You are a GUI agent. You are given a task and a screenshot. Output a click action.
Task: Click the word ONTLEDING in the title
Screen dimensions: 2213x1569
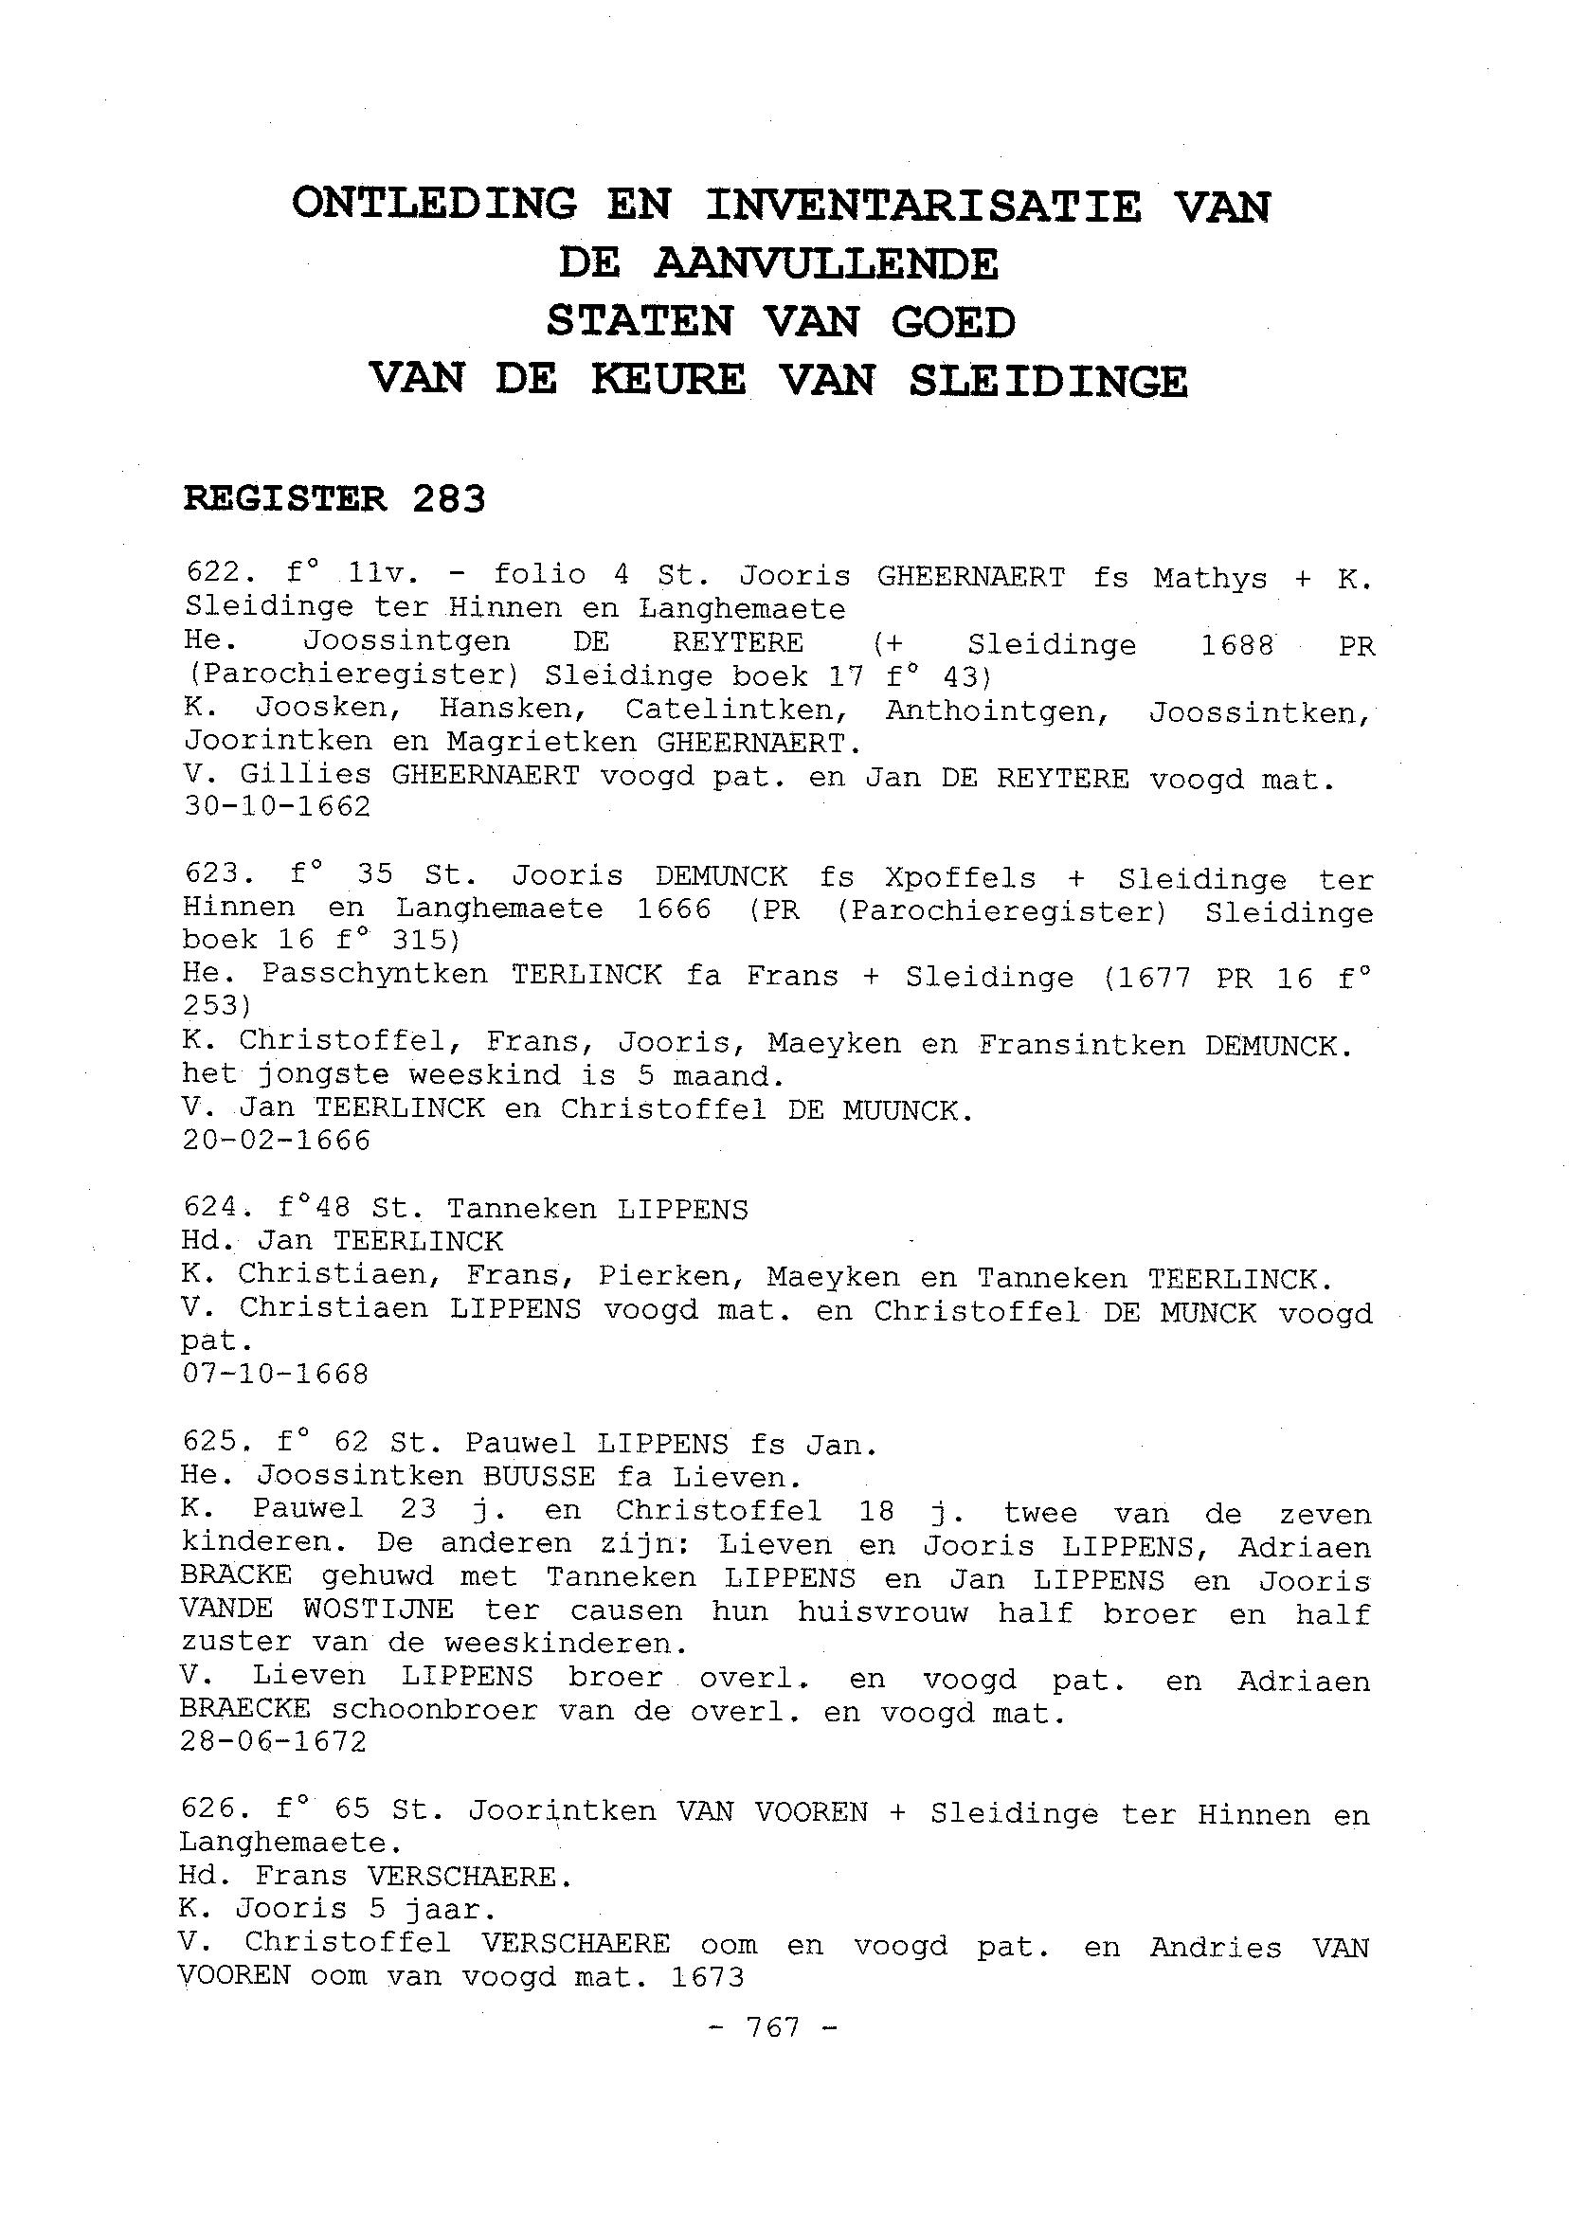435,205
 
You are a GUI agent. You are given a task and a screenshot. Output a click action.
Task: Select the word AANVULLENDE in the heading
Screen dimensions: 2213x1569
825,263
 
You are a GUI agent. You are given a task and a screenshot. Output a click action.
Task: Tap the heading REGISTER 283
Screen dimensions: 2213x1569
334,499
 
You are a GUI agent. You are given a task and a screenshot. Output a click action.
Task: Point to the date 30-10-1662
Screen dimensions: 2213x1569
278,806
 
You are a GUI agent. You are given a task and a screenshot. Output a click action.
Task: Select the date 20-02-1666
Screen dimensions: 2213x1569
277,1141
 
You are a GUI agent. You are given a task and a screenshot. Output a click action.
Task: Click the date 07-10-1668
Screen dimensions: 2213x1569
276,1374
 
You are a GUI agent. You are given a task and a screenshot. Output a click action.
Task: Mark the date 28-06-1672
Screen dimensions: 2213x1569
275,1741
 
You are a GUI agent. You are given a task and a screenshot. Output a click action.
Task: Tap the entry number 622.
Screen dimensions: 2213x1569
211,572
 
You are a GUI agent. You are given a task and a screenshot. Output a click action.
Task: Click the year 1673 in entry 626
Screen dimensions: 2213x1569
705,1977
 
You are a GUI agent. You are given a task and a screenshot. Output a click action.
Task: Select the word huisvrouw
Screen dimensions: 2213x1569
882,1611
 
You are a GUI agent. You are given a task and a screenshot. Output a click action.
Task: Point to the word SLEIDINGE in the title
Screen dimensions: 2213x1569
1047,382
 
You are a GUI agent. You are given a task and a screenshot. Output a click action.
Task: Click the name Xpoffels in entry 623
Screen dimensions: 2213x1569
960,878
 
